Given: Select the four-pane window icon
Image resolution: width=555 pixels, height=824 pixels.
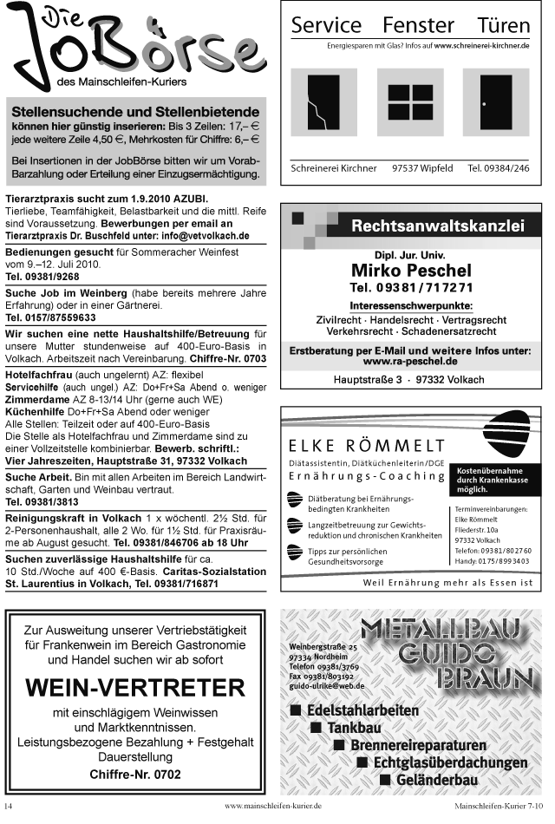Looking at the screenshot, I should [x=410, y=103].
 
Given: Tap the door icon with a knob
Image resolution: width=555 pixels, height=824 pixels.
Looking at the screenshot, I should [x=494, y=103].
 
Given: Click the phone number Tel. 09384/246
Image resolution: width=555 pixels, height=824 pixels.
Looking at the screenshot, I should [x=498, y=168].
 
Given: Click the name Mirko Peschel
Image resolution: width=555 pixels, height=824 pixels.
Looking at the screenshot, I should [x=411, y=270].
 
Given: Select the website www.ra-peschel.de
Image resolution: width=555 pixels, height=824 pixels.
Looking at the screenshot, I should [x=410, y=361].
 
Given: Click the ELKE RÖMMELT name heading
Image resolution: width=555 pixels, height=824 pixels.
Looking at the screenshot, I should [x=360, y=447].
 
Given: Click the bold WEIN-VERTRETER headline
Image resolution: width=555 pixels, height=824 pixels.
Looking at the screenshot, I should [x=135, y=688].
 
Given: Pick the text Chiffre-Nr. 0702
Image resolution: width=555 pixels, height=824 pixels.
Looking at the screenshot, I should [x=135, y=774].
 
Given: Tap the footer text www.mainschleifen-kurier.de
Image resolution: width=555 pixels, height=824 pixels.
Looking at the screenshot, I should [x=273, y=806].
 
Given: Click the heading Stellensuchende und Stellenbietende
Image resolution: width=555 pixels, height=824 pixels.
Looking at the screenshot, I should [x=134, y=112].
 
